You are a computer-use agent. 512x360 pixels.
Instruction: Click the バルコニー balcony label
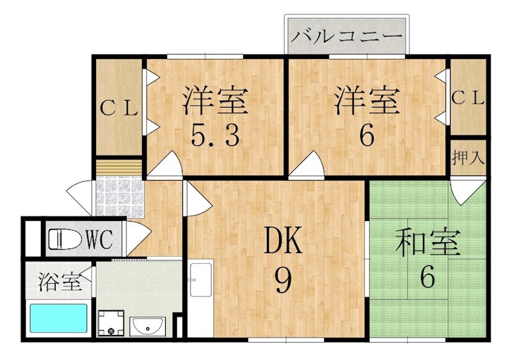click(346, 35)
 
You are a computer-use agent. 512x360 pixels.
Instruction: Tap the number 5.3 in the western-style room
click(215, 136)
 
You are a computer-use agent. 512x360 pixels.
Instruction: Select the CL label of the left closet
click(119, 108)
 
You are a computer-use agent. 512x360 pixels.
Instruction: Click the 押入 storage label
click(468, 156)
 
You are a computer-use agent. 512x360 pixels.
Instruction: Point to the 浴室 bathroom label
click(59, 282)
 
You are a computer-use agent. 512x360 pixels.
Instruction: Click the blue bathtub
click(58, 318)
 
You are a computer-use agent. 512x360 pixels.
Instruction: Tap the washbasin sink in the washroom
click(148, 327)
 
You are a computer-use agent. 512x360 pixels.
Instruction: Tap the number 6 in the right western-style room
click(366, 136)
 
